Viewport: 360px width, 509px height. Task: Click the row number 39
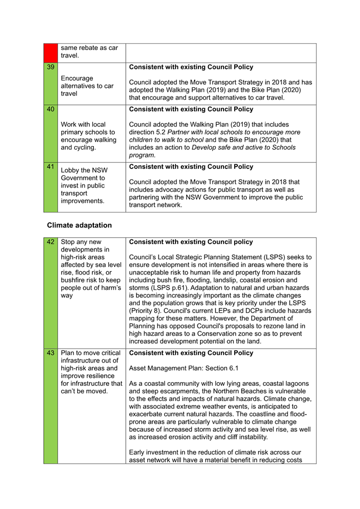[50, 68]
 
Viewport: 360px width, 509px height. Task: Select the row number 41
[50, 167]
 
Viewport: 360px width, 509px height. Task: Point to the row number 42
[50, 242]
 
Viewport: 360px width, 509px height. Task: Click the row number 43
[50, 353]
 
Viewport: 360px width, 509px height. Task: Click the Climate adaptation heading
[79, 225]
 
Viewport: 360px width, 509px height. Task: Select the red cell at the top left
[50, 52]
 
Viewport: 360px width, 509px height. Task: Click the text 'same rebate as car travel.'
[89, 51]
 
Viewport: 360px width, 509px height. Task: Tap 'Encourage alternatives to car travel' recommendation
[87, 85]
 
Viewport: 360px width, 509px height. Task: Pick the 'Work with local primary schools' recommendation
[88, 136]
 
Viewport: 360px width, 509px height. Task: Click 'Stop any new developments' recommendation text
[91, 269]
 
